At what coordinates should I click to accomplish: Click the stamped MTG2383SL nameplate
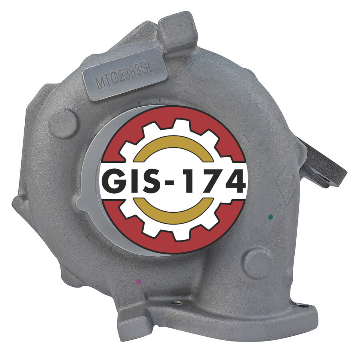124,74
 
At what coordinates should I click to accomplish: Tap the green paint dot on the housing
271,216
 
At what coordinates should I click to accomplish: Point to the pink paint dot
138,282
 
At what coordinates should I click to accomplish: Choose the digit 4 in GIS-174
233,180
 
